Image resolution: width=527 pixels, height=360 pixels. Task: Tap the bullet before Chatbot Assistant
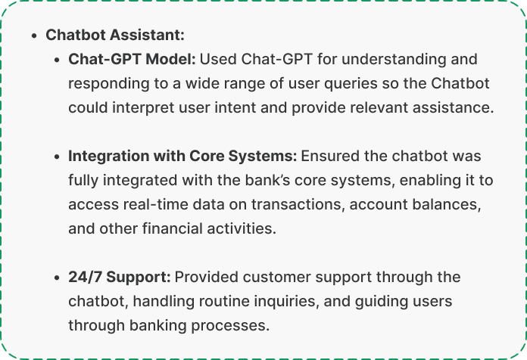click(x=33, y=36)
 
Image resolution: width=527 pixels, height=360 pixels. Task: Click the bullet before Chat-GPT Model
click(x=57, y=60)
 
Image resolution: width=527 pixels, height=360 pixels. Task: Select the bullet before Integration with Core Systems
click(x=57, y=157)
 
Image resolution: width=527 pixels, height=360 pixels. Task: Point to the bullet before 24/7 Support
click(x=57, y=278)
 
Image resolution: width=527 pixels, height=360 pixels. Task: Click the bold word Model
click(x=170, y=59)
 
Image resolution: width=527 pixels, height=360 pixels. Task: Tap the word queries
click(x=351, y=84)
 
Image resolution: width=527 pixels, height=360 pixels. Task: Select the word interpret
click(x=143, y=108)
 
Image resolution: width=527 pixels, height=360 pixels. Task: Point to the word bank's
click(x=267, y=180)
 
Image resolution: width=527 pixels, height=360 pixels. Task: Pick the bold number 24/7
click(x=86, y=277)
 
